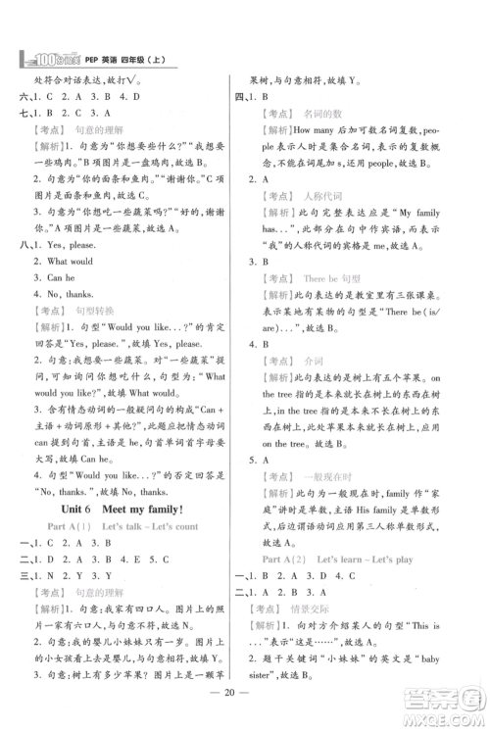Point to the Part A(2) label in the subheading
tap(293, 560)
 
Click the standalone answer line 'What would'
tap(71, 262)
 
